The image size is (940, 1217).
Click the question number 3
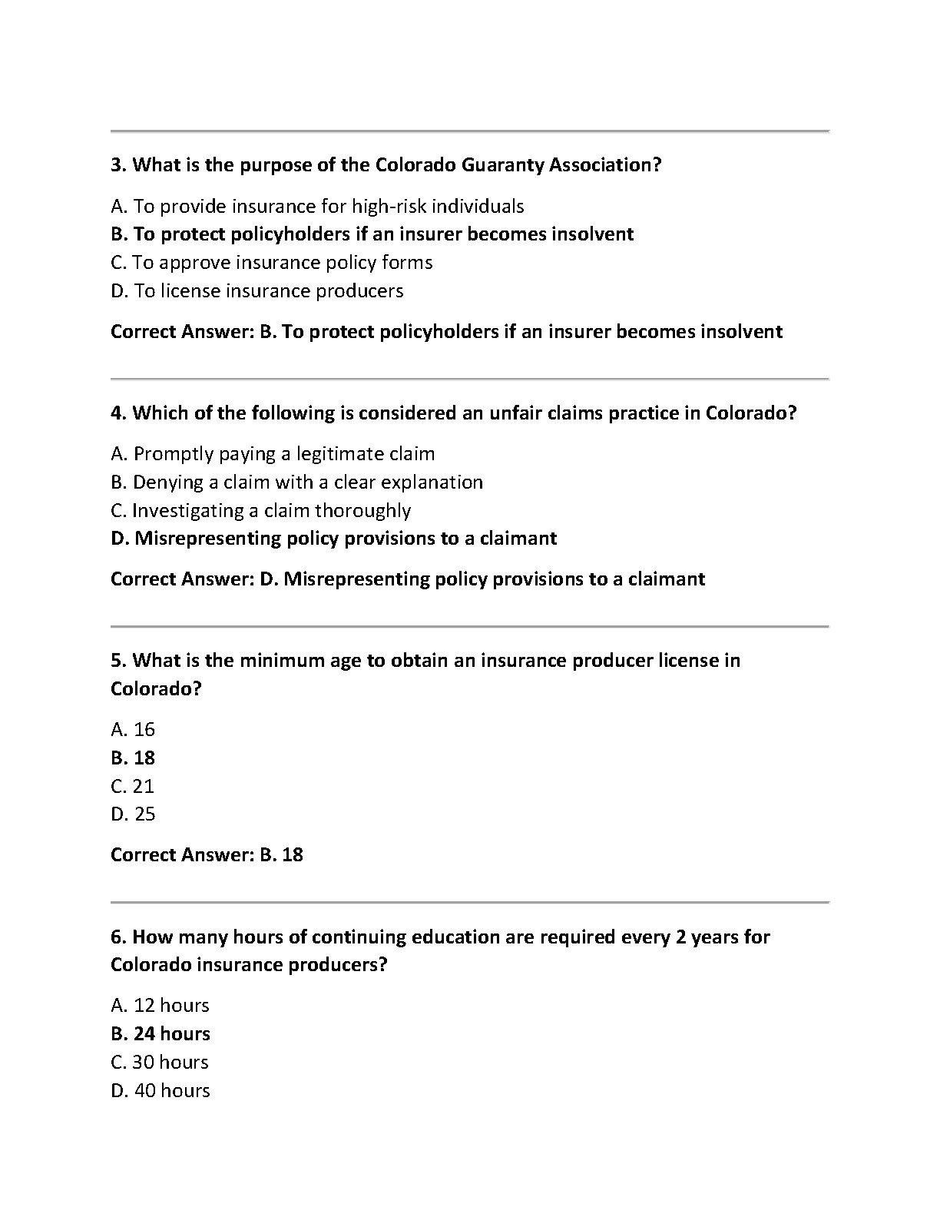[118, 165]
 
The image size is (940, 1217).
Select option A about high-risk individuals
[317, 206]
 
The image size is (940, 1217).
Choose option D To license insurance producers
[257, 290]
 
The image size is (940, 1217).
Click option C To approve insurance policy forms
[272, 263]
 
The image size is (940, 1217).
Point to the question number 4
[118, 413]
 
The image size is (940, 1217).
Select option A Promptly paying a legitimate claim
[273, 454]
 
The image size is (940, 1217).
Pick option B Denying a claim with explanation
[296, 482]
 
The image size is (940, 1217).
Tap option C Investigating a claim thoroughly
[260, 510]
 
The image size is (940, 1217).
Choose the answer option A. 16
[133, 729]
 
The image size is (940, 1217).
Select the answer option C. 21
[132, 786]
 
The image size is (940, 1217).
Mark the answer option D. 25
[133, 814]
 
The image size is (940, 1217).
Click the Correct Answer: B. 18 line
[207, 854]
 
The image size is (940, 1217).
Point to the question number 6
[118, 937]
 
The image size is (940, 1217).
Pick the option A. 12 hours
[160, 1006]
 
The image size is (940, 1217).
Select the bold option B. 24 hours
[160, 1034]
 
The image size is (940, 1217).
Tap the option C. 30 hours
[160, 1063]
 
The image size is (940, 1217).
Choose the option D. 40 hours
[160, 1091]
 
